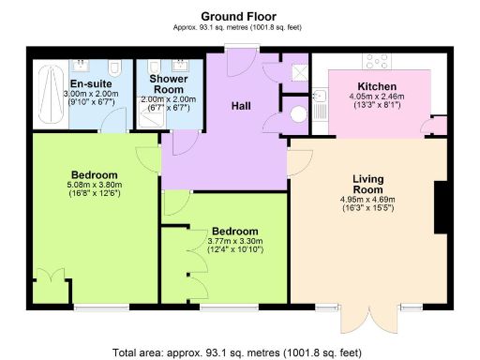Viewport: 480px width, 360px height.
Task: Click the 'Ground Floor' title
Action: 239,16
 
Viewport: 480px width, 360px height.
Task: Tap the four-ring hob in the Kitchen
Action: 378,62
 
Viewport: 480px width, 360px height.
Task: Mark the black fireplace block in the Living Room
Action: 438,206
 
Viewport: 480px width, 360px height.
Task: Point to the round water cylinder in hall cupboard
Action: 298,112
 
